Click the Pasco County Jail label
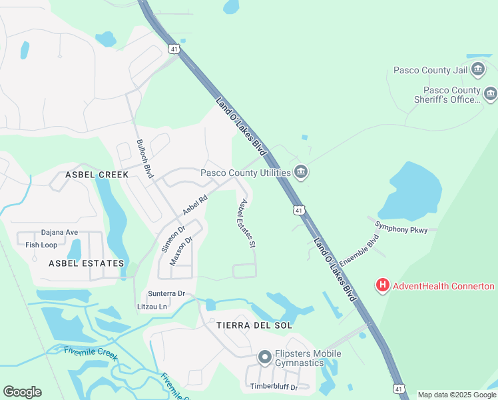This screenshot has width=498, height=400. (430, 69)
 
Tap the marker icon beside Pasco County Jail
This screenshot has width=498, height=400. (477, 69)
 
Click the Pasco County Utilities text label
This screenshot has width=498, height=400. (246, 173)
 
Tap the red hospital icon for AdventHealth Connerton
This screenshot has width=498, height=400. (383, 286)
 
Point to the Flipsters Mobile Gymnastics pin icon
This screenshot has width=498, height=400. (265, 358)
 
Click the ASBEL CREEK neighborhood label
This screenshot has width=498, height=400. (97, 174)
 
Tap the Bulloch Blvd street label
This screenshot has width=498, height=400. (145, 159)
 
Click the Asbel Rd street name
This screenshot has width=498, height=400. (195, 205)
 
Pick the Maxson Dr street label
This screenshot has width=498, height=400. (180, 251)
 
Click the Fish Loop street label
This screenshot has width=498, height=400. (41, 245)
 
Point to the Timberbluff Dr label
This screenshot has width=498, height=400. (274, 387)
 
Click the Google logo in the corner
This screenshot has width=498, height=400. (22, 392)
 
